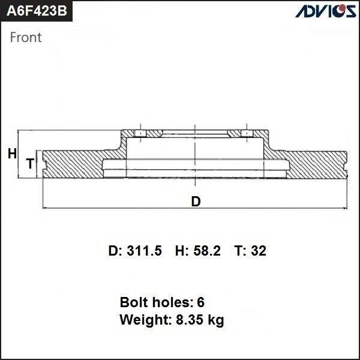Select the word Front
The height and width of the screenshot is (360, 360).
tap(26, 38)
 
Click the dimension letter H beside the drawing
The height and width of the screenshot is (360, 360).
tap(12, 154)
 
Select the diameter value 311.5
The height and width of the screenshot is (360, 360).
tap(145, 251)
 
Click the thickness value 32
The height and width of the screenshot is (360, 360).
tap(259, 251)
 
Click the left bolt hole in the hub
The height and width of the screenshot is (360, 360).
tap(139, 133)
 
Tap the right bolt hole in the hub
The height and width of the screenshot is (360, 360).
tap(245, 133)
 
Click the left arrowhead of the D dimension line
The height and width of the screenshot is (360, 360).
tap(46, 208)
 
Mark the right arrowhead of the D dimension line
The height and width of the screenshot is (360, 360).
tap(346, 208)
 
